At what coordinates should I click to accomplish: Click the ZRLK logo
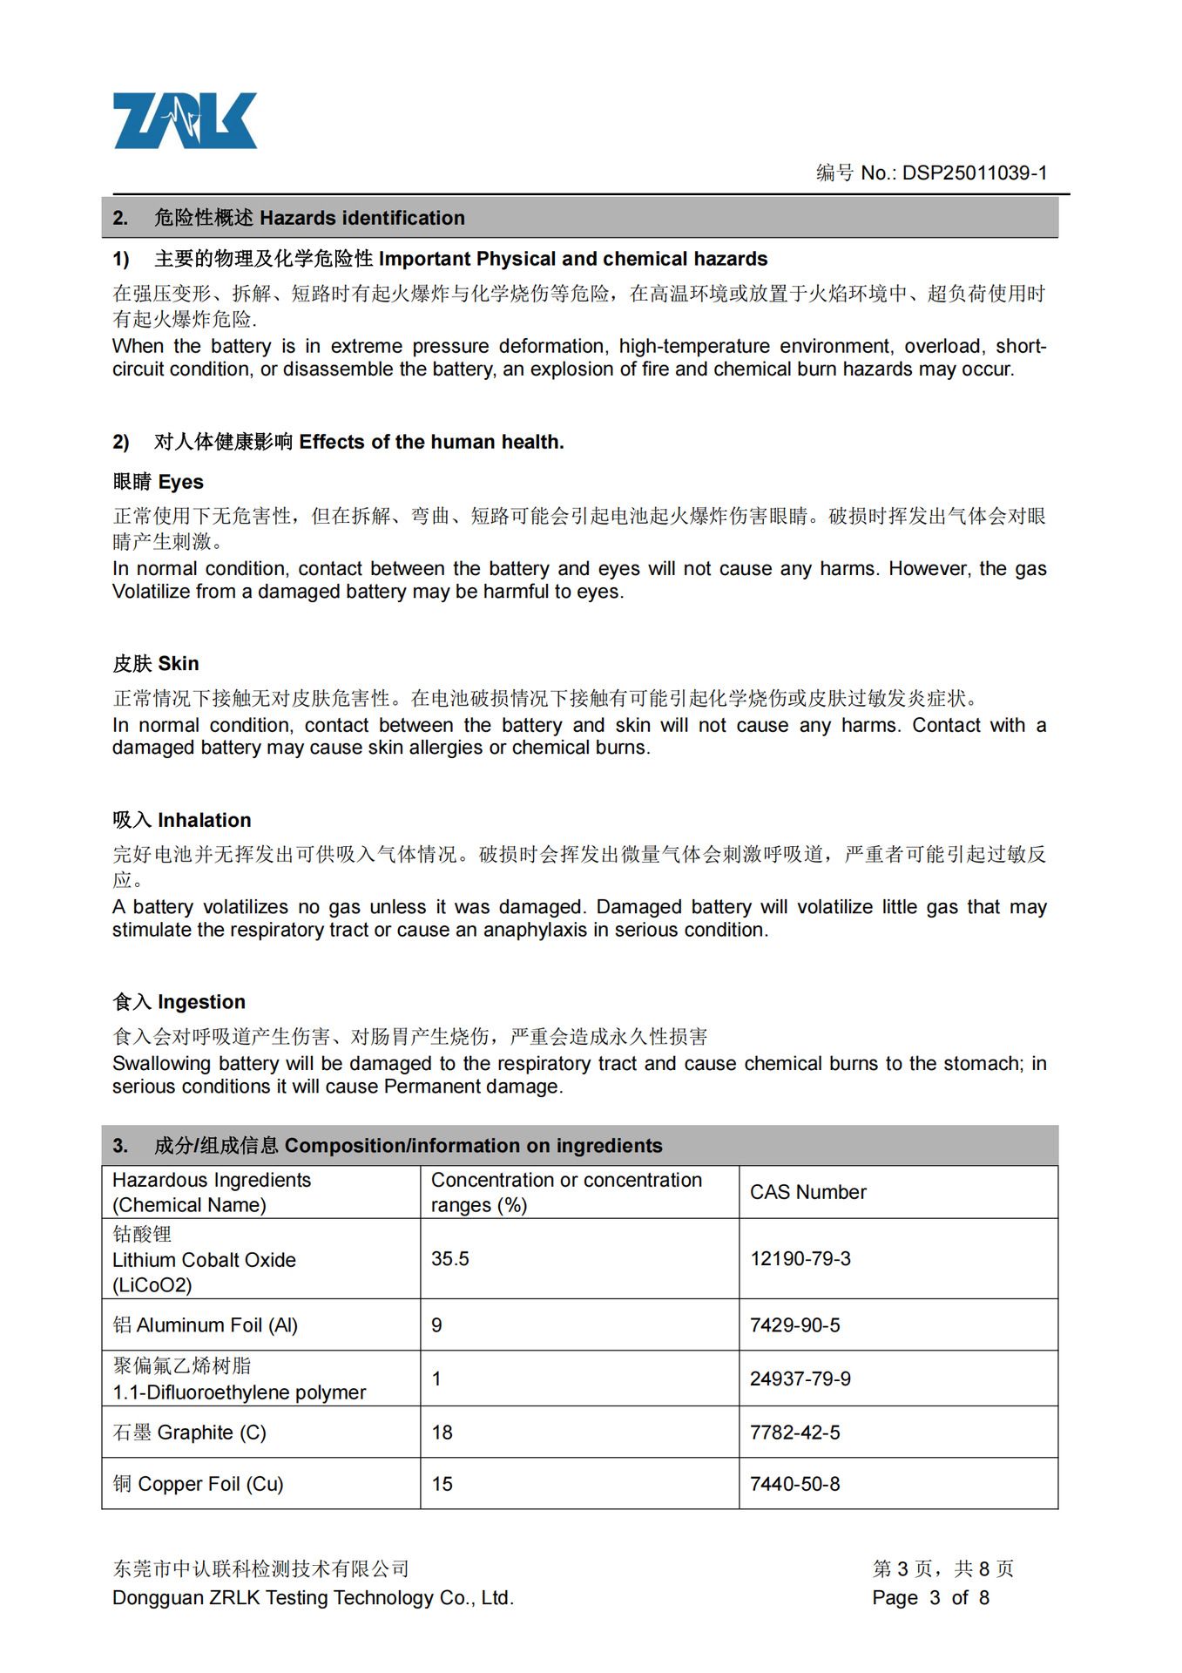[x=185, y=121]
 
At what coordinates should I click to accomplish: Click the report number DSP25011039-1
[x=974, y=173]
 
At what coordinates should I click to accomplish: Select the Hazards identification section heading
[x=309, y=218]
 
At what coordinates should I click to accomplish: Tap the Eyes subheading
[x=158, y=482]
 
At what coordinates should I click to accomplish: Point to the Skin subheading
[x=155, y=664]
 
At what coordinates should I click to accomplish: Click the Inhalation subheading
[x=181, y=820]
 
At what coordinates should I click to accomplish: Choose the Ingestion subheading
[x=179, y=1002]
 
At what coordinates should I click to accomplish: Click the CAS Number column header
[x=807, y=1192]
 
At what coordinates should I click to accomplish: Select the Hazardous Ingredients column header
[x=211, y=1192]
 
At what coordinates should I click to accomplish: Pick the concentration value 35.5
[x=449, y=1259]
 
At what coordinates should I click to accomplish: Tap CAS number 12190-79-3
[x=800, y=1259]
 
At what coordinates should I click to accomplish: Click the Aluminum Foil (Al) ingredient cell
[x=206, y=1325]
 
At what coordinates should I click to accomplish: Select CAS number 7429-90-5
[x=794, y=1325]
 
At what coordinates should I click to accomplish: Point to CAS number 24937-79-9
[x=800, y=1378]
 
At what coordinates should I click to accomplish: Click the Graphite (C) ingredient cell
[x=190, y=1433]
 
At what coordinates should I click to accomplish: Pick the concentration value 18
[x=442, y=1433]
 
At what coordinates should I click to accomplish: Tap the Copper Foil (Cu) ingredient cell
[x=199, y=1484]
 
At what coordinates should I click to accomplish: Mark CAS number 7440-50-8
[x=794, y=1484]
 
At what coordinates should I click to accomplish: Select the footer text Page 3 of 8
[x=930, y=1597]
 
